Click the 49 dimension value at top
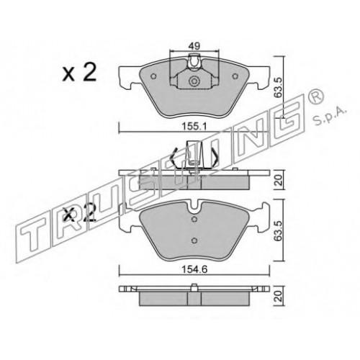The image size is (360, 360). [x=194, y=46]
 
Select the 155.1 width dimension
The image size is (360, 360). [x=194, y=127]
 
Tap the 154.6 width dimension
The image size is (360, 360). [x=194, y=270]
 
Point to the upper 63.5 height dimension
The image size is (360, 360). [x=279, y=87]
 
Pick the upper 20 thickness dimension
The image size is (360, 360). [x=279, y=179]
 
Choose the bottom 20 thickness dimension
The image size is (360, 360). [x=279, y=296]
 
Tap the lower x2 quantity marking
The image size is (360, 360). [x=79, y=213]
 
